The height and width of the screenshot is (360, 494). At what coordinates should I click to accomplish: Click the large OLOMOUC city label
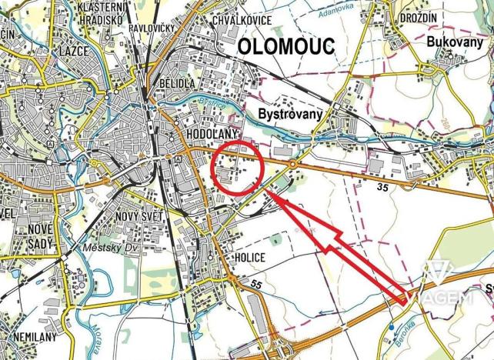tap(286, 46)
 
